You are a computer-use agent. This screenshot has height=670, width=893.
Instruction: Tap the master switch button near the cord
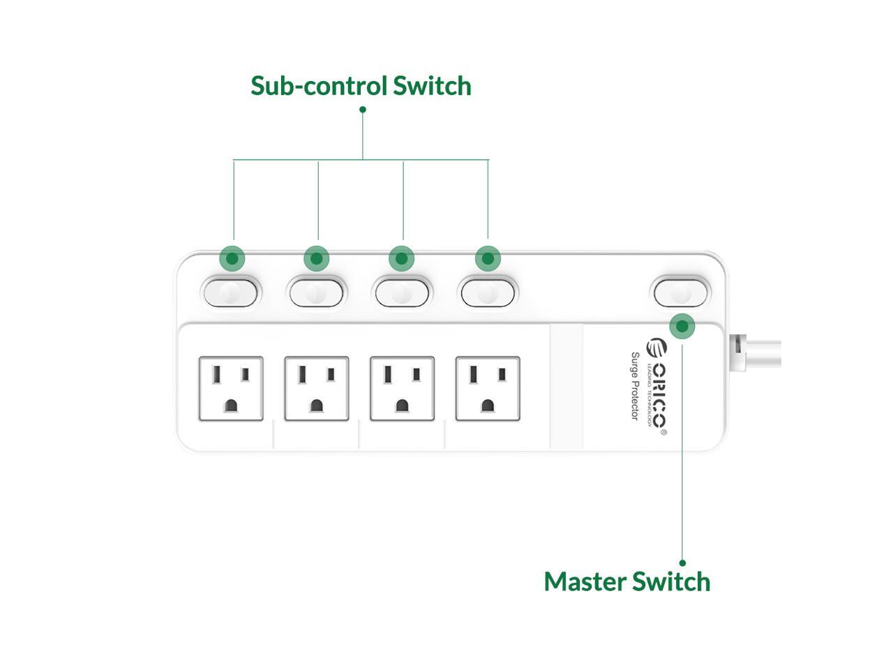680,292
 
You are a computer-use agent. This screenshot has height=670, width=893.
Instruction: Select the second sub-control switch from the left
316,292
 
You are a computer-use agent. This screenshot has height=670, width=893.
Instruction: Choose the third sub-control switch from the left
402,292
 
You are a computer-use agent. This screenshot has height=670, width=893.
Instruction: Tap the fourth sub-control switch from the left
488,292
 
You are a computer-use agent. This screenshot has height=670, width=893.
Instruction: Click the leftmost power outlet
231,389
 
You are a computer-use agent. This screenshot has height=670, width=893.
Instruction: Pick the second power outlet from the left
317,389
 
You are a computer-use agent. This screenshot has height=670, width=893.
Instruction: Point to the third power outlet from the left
402,389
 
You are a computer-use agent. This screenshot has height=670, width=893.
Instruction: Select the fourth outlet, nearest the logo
488,389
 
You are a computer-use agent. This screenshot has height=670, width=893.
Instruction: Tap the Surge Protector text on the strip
635,386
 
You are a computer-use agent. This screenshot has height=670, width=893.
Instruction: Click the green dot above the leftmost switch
232,259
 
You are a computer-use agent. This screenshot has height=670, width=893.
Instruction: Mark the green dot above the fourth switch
488,259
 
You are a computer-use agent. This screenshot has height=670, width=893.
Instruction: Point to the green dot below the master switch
682,326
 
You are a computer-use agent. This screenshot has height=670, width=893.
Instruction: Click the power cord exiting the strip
757,352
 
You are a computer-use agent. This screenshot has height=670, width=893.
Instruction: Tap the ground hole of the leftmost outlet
231,405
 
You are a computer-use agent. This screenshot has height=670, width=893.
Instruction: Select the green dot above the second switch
317,259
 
